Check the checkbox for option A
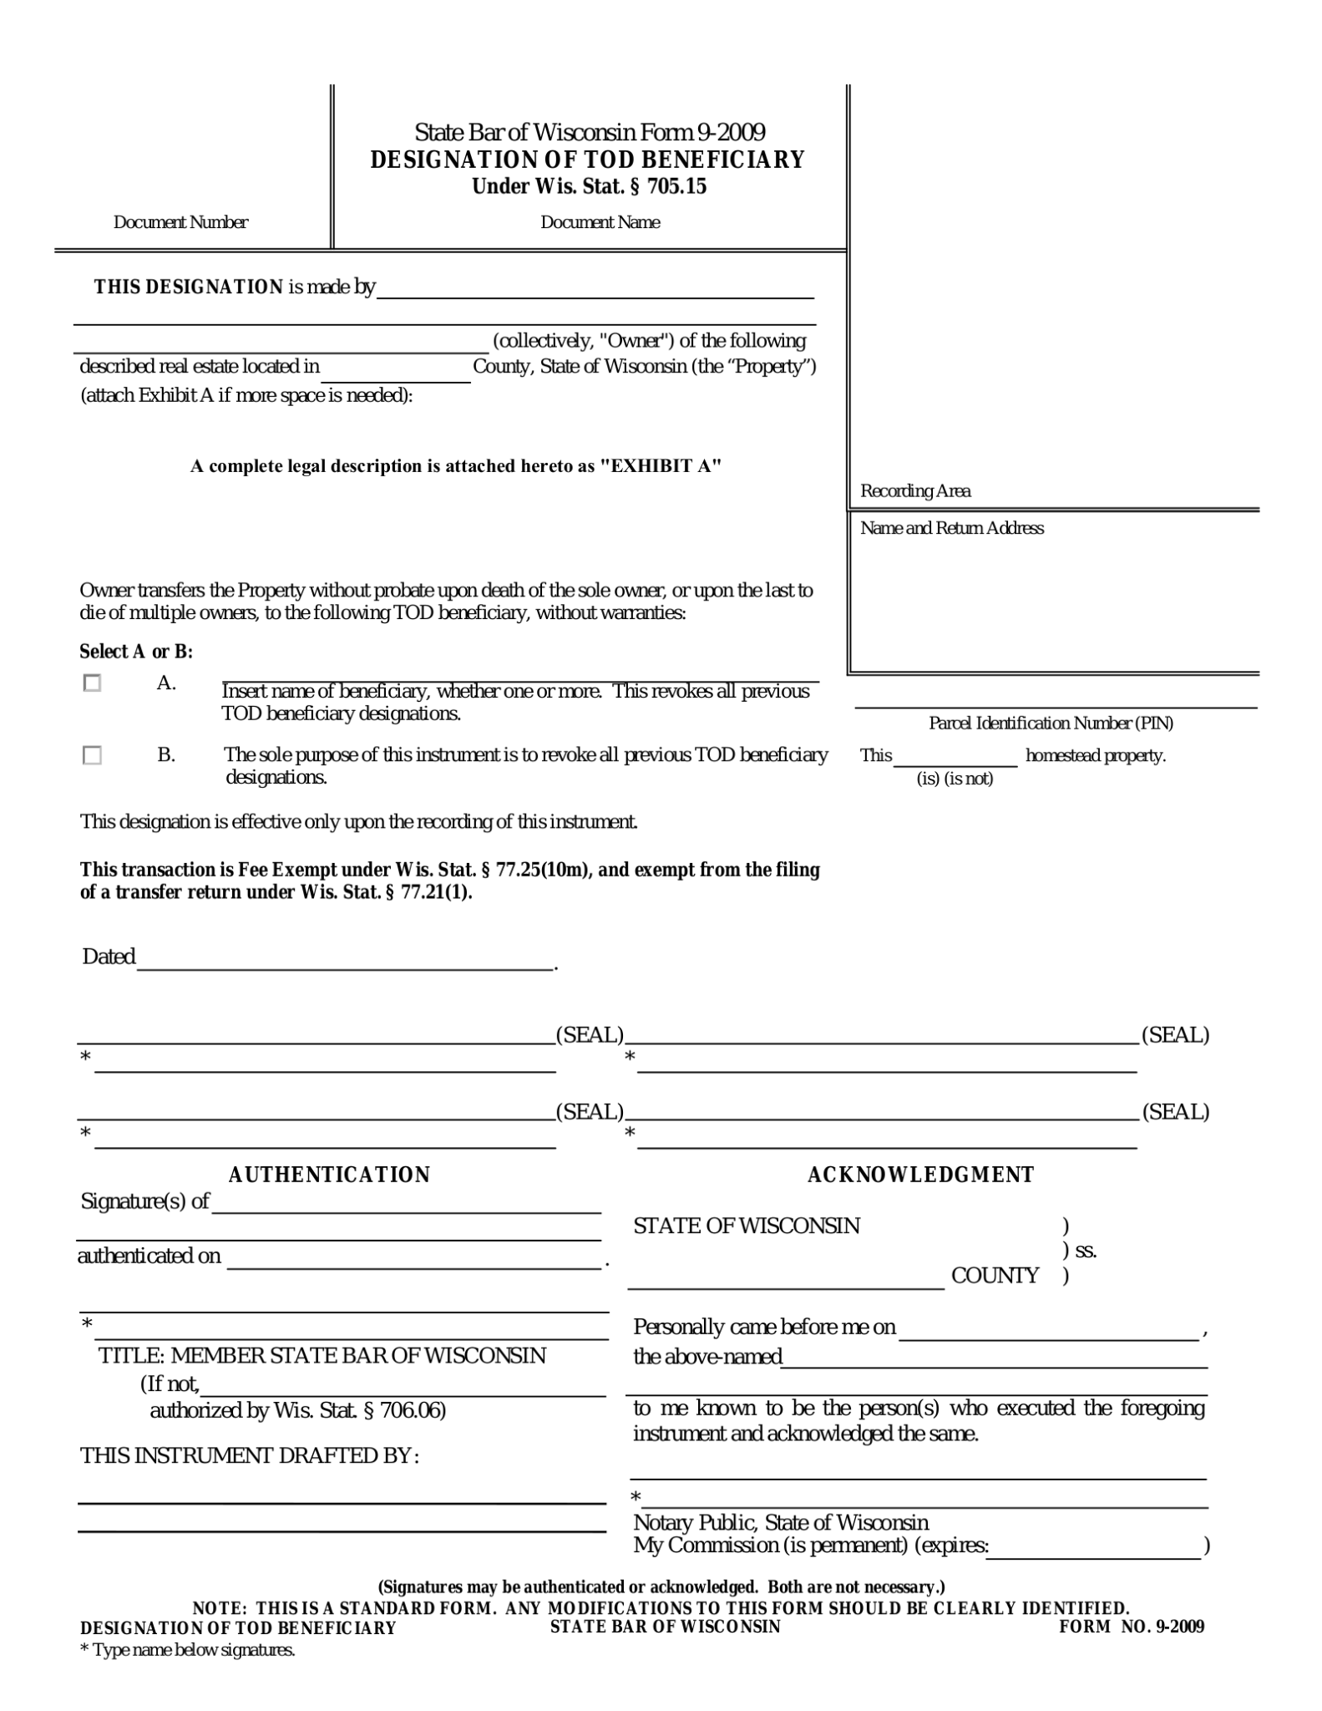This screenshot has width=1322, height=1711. pyautogui.click(x=92, y=683)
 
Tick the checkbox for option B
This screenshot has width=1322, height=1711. pyautogui.click(x=92, y=755)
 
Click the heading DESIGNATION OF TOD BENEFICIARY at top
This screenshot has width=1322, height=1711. pyautogui.click(x=588, y=159)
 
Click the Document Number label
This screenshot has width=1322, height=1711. pyautogui.click(x=180, y=222)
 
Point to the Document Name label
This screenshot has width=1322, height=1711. pyautogui.click(x=600, y=222)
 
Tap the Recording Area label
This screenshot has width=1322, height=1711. pyautogui.click(x=915, y=491)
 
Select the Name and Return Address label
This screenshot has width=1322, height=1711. pyautogui.click(x=952, y=528)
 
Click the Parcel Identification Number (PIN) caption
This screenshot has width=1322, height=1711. pyautogui.click(x=1051, y=723)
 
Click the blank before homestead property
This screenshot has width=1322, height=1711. pyautogui.click(x=955, y=757)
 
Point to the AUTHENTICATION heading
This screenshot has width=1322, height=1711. pyautogui.click(x=329, y=1175)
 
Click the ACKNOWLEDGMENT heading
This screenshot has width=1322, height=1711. pyautogui.click(x=920, y=1175)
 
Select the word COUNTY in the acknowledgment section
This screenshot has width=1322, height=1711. pyautogui.click(x=995, y=1275)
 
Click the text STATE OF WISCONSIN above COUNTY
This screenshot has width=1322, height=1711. pyautogui.click(x=747, y=1226)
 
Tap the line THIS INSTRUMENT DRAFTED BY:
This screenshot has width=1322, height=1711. pyautogui.click(x=249, y=1455)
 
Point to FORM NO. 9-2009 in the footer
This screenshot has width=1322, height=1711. pyautogui.click(x=1132, y=1626)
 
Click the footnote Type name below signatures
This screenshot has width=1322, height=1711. pyautogui.click(x=188, y=1650)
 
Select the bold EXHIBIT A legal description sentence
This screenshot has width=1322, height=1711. pyautogui.click(x=455, y=466)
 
